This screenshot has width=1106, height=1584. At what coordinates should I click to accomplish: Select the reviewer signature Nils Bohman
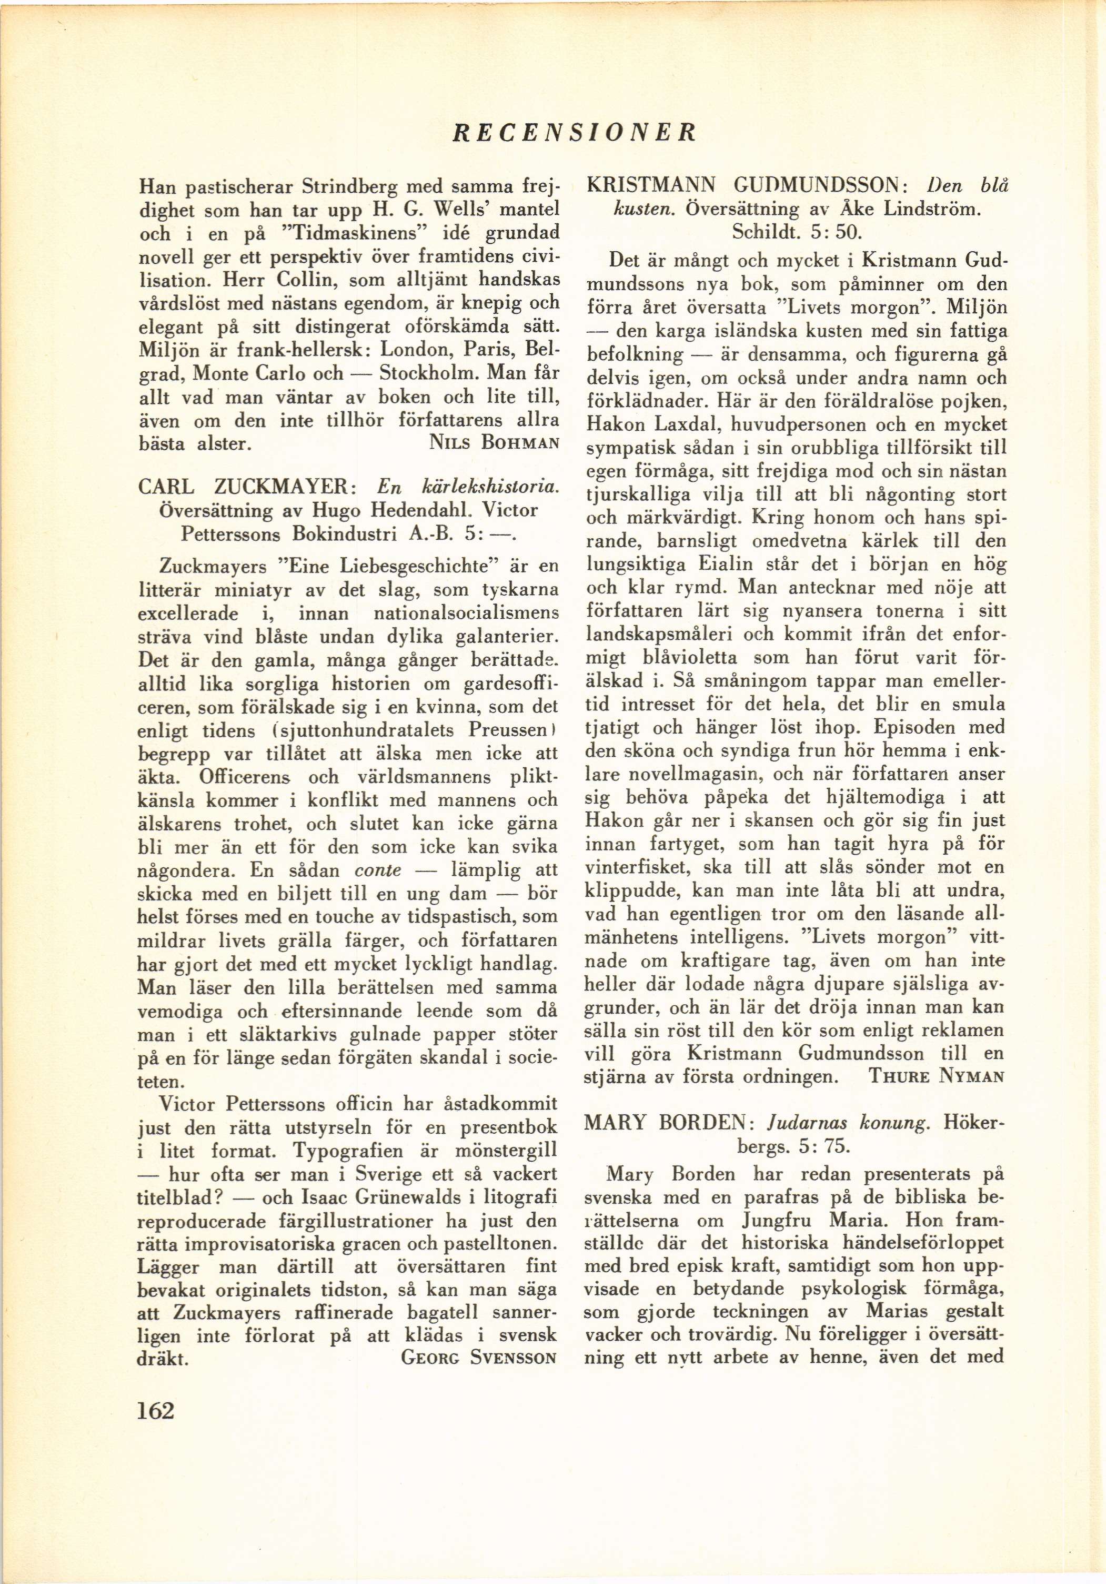pos(493,443)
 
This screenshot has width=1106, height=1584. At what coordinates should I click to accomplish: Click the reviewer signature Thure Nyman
pos(936,1076)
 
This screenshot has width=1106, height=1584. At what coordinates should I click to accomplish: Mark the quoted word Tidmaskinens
pos(335,233)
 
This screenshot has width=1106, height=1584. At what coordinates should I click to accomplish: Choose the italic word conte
pos(377,870)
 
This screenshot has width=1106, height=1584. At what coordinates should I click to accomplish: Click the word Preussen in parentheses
pos(508,730)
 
